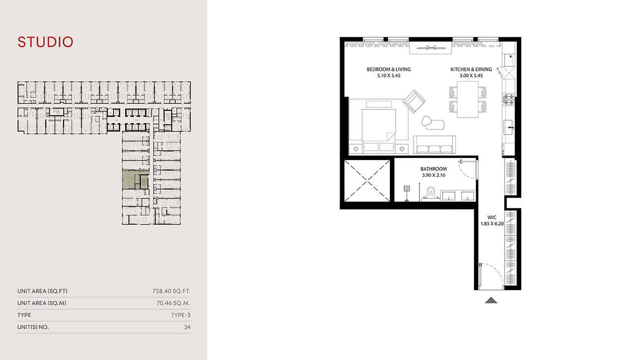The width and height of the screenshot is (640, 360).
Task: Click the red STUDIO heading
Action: click(x=45, y=42)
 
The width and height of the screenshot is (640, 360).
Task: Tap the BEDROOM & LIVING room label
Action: click(x=388, y=69)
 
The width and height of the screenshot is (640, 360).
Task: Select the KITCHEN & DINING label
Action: click(x=471, y=69)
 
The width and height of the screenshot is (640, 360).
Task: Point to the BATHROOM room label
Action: click(x=433, y=169)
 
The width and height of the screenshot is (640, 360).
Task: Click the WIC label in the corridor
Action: click(x=492, y=218)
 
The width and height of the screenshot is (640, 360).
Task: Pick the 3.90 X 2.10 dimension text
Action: click(x=433, y=175)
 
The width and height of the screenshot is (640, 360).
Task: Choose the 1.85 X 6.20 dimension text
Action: click(x=492, y=224)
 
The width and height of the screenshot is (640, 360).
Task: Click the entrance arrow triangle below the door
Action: click(x=491, y=300)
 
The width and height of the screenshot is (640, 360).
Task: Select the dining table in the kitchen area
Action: click(x=468, y=99)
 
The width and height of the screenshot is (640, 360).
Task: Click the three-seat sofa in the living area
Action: click(x=435, y=145)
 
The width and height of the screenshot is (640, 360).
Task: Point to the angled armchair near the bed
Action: click(x=414, y=101)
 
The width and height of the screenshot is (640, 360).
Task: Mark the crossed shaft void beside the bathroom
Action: click(x=367, y=181)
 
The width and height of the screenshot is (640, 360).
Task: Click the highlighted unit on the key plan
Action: click(x=135, y=180)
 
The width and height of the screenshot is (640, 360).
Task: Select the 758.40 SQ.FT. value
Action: click(x=171, y=291)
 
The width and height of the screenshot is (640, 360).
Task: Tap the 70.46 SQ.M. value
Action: click(x=173, y=303)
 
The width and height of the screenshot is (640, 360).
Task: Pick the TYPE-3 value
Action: click(x=181, y=315)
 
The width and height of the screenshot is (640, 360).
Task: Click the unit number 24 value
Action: click(x=187, y=327)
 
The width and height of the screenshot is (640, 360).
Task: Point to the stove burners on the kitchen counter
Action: click(x=509, y=98)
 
